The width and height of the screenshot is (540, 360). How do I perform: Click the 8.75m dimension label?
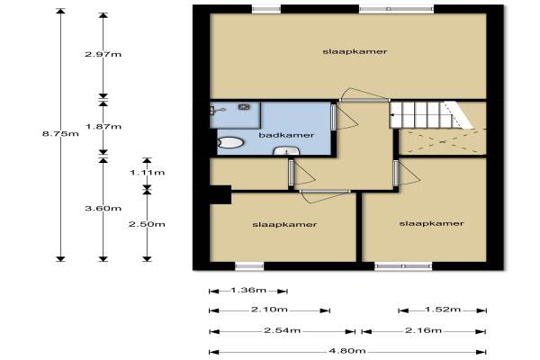coord(60,134)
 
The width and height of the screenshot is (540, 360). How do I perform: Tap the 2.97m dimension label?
coord(103,54)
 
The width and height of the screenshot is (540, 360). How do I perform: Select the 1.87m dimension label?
coord(103,126)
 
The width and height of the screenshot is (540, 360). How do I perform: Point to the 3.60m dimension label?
coord(103,208)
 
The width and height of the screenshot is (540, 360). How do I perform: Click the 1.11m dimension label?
coord(148,172)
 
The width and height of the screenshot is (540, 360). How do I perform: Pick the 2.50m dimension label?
coord(147,224)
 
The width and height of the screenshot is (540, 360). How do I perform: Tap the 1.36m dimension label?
coord(248,290)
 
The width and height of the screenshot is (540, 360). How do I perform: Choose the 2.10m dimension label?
coord(269,310)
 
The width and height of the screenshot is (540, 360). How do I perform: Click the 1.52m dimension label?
coord(443,310)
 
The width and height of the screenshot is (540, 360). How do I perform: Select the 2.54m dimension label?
coord(283,330)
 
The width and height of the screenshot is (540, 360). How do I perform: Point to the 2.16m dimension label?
coord(423,330)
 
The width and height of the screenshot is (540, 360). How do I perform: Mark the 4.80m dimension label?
coord(347,351)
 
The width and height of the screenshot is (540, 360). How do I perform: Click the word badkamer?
coord(286,135)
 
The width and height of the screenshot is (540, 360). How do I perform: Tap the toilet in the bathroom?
coord(230,142)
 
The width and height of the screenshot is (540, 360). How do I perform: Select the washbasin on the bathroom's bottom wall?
coord(286,150)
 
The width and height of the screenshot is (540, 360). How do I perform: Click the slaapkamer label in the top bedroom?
coord(355,51)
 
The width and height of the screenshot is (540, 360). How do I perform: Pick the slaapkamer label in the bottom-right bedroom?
coord(431,223)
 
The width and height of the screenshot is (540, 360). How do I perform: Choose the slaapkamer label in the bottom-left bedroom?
coord(284,225)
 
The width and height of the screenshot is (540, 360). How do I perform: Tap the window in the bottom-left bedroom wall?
coord(249,266)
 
